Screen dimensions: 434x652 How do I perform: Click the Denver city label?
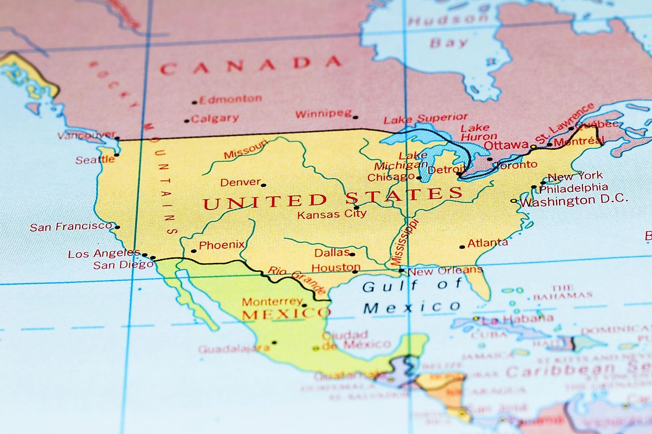(240, 182)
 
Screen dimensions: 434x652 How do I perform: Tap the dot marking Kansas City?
(356, 208)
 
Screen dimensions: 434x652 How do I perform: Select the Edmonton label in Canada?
(230, 99)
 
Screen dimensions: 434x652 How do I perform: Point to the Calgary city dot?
(187, 121)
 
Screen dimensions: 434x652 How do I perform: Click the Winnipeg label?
(324, 114)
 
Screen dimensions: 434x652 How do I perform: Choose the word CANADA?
(250, 65)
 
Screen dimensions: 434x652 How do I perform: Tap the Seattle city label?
(95, 160)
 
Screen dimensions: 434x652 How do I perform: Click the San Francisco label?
(71, 227)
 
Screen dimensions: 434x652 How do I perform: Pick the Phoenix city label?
(222, 245)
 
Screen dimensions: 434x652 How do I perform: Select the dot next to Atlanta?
(462, 247)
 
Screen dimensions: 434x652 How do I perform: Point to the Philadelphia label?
(573, 188)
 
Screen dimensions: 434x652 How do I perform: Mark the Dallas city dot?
(352, 254)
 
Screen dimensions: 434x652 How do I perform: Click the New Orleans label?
(445, 270)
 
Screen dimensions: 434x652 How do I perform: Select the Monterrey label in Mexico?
(272, 301)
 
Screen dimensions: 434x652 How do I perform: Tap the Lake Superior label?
(425, 118)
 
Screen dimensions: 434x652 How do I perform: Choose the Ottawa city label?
(506, 145)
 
